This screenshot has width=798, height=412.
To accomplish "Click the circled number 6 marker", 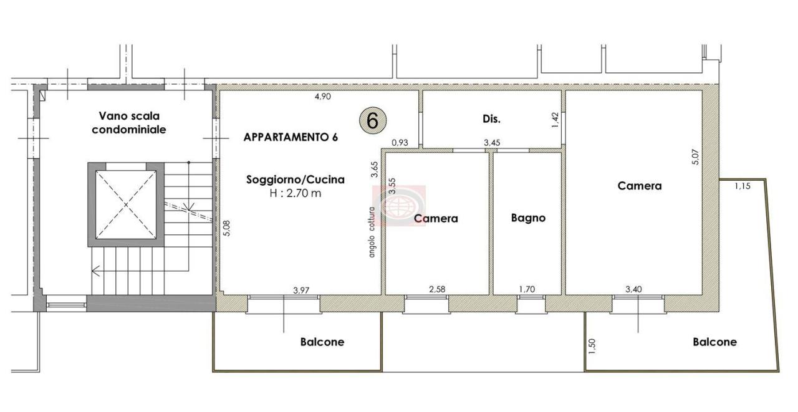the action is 372,121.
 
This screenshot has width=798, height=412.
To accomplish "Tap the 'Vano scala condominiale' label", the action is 129,123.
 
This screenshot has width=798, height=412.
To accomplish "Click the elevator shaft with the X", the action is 126,205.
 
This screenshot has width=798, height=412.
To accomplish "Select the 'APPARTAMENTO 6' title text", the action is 291,137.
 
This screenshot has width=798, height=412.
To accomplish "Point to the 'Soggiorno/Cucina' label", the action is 296,180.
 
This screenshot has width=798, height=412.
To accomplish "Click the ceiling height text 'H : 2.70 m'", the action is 296,193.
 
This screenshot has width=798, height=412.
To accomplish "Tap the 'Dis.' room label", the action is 492,119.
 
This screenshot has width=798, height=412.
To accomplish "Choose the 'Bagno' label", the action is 528,218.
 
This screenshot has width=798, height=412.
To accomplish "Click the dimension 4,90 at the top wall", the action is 323,97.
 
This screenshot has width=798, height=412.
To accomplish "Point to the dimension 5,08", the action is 226,228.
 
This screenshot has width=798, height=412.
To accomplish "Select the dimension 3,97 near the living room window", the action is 301,290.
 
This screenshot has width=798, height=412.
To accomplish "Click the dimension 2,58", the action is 437,289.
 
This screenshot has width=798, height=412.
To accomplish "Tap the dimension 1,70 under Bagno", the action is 527,289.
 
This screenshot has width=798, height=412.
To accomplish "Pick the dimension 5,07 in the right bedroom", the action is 695,156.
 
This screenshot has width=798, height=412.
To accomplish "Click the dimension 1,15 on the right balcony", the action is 743,186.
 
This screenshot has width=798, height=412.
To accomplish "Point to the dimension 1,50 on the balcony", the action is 592,347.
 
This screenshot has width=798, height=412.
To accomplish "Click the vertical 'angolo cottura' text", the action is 372,232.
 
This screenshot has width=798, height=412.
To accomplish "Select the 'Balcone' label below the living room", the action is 322,342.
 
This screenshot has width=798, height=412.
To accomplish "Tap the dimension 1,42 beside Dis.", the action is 555,120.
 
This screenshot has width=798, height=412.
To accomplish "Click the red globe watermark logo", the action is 400,206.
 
